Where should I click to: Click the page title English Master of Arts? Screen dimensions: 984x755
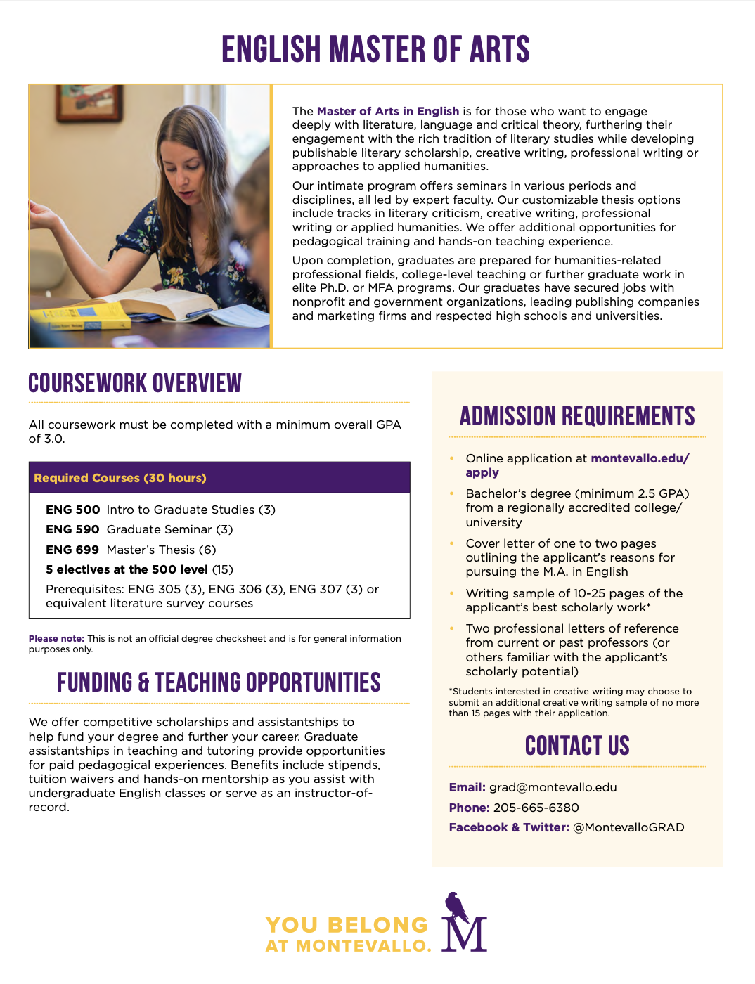pyautogui.click(x=376, y=50)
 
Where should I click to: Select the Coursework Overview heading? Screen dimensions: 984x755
pyautogui.click(x=135, y=384)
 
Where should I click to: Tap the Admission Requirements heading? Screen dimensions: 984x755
pyautogui.click(x=577, y=417)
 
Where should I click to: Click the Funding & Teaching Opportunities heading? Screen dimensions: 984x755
pyautogui.click(x=219, y=683)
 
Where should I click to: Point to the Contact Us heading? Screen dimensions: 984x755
pyautogui.click(x=577, y=746)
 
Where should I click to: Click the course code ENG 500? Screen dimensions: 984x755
pyautogui.click(x=73, y=510)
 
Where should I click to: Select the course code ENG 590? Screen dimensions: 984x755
pyautogui.click(x=73, y=529)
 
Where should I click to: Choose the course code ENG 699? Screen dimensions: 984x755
pyautogui.click(x=73, y=550)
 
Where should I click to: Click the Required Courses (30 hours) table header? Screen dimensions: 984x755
pyautogui.click(x=120, y=478)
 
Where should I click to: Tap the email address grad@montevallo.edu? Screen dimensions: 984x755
pyautogui.click(x=553, y=787)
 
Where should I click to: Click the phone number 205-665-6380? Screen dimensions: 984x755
pyautogui.click(x=536, y=808)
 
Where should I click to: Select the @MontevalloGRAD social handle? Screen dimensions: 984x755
pyautogui.click(x=628, y=827)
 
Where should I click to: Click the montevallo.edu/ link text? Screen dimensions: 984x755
pyautogui.click(x=640, y=458)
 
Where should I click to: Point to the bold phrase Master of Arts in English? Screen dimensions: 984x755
pyautogui.click(x=388, y=111)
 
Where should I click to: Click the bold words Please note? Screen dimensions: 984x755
pyautogui.click(x=56, y=639)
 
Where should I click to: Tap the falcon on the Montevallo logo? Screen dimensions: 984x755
pyautogui.click(x=456, y=907)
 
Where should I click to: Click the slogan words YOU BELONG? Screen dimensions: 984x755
pyautogui.click(x=347, y=925)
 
